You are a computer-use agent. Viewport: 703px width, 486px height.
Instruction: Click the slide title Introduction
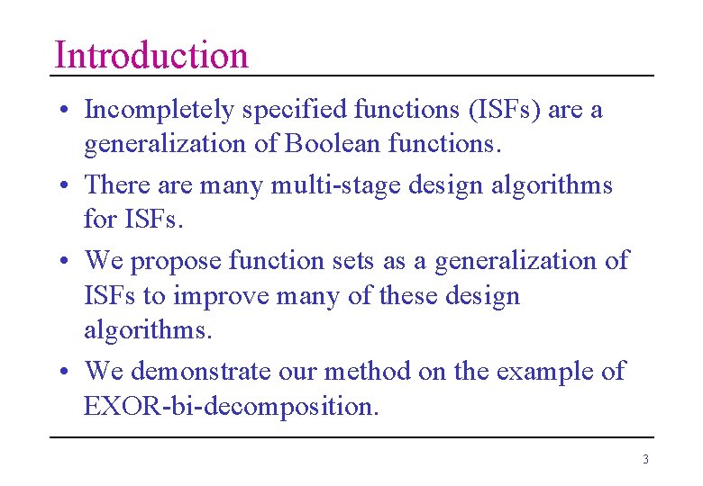point(151,55)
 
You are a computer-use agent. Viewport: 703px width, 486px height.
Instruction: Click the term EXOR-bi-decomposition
point(230,406)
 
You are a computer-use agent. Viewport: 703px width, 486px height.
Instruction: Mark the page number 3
point(645,459)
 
